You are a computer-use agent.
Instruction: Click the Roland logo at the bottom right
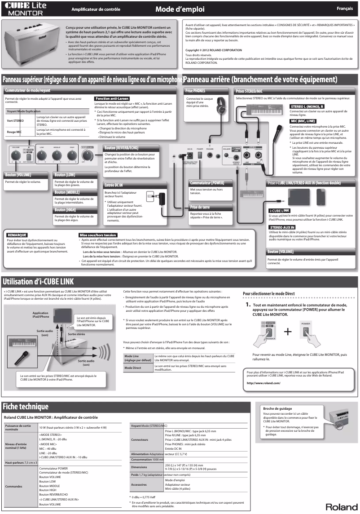(x=341, y=507)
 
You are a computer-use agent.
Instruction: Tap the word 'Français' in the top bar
(x=345, y=9)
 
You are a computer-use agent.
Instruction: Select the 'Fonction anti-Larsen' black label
(x=110, y=98)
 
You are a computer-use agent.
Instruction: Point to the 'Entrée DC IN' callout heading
(x=114, y=185)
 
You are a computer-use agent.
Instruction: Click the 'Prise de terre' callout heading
(x=200, y=207)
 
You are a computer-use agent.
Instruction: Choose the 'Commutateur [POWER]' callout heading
(x=207, y=183)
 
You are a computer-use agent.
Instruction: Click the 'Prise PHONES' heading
(x=195, y=91)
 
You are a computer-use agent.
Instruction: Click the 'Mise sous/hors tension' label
(x=98, y=235)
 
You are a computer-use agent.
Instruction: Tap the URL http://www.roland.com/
(x=263, y=383)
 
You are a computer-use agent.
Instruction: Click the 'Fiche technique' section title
(x=26, y=407)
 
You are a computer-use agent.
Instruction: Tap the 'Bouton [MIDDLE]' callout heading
(x=67, y=192)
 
